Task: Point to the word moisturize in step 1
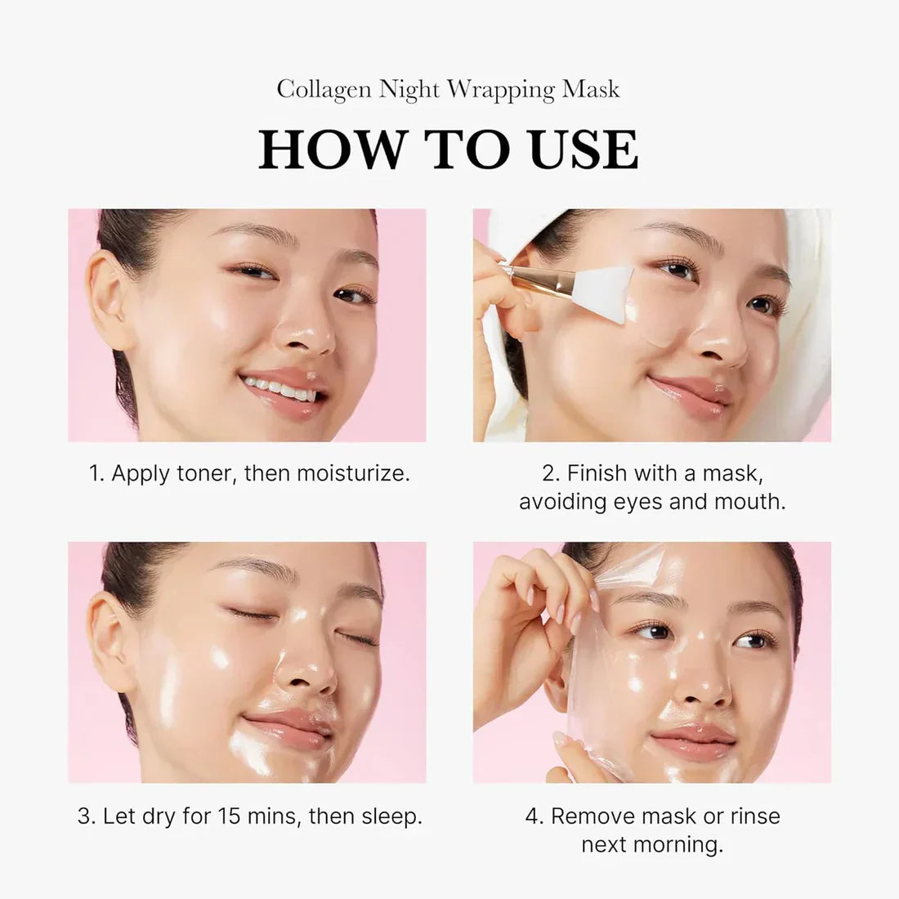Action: click(x=351, y=473)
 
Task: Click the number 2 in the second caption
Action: click(x=549, y=473)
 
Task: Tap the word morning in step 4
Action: click(x=687, y=844)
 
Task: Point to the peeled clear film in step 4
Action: click(x=588, y=695)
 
